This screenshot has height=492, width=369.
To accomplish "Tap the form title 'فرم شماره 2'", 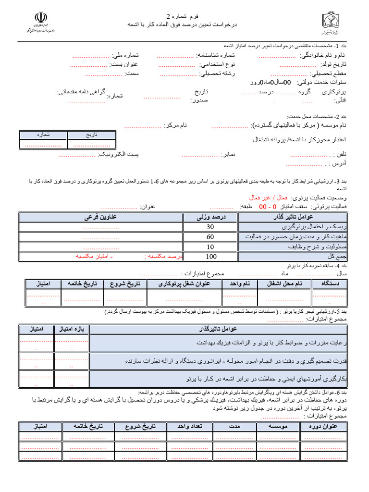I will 184,16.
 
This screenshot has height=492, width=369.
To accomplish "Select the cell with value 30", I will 210,227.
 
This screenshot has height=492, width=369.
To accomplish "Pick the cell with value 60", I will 210,237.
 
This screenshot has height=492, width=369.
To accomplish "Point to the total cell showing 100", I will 210,257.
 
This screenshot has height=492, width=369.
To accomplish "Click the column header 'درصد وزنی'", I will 210,217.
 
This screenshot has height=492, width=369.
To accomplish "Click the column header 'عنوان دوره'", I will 328,426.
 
